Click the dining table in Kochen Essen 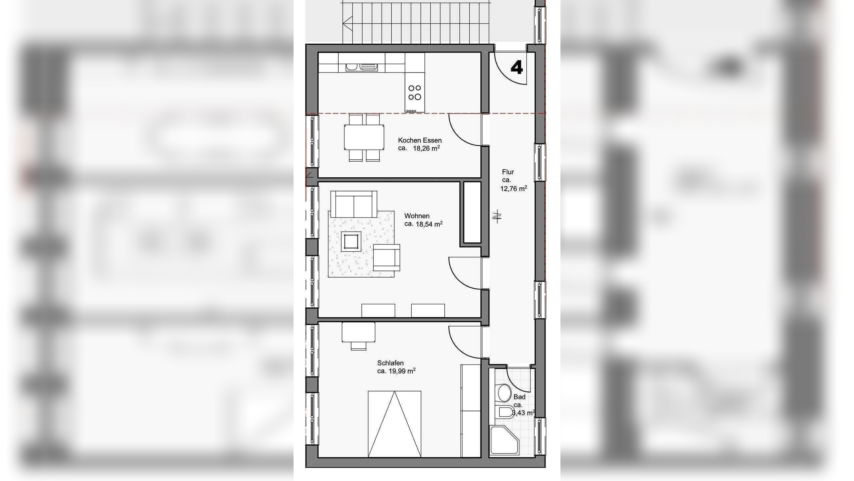click(x=364, y=137)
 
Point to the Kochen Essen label click(x=420, y=140)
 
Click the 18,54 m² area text click(x=429, y=224)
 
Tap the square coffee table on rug click(x=350, y=241)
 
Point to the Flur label click(x=508, y=172)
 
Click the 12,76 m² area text click(x=513, y=189)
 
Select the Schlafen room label click(x=390, y=363)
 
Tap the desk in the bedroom click(x=358, y=332)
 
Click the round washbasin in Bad click(x=504, y=392)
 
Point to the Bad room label click(x=519, y=397)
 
